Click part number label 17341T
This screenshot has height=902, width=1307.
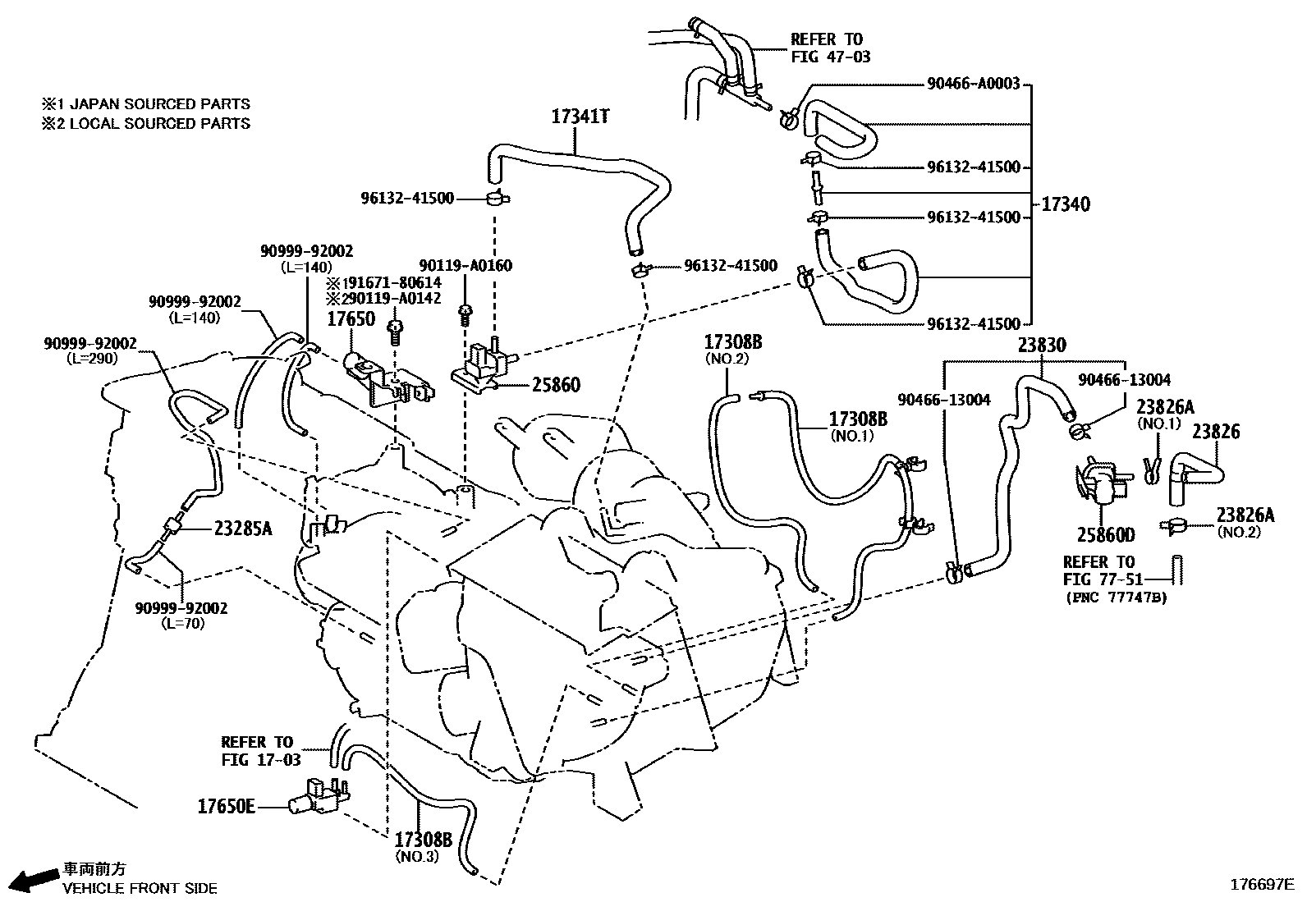coord(580,117)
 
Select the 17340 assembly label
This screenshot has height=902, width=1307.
coord(1066,204)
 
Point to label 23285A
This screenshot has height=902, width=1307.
coord(242,529)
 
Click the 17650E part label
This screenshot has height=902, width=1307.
coord(226,806)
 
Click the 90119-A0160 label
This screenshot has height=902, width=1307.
coord(465,265)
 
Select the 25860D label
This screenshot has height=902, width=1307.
coord(1106,535)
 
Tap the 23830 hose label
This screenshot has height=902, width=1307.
coord(1042,346)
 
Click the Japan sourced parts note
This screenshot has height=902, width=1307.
coord(146,104)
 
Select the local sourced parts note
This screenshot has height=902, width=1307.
coord(146,124)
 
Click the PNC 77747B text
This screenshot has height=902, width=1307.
coord(1116,598)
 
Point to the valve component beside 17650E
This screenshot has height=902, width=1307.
coord(319,795)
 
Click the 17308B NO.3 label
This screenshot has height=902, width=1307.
coord(424,847)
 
